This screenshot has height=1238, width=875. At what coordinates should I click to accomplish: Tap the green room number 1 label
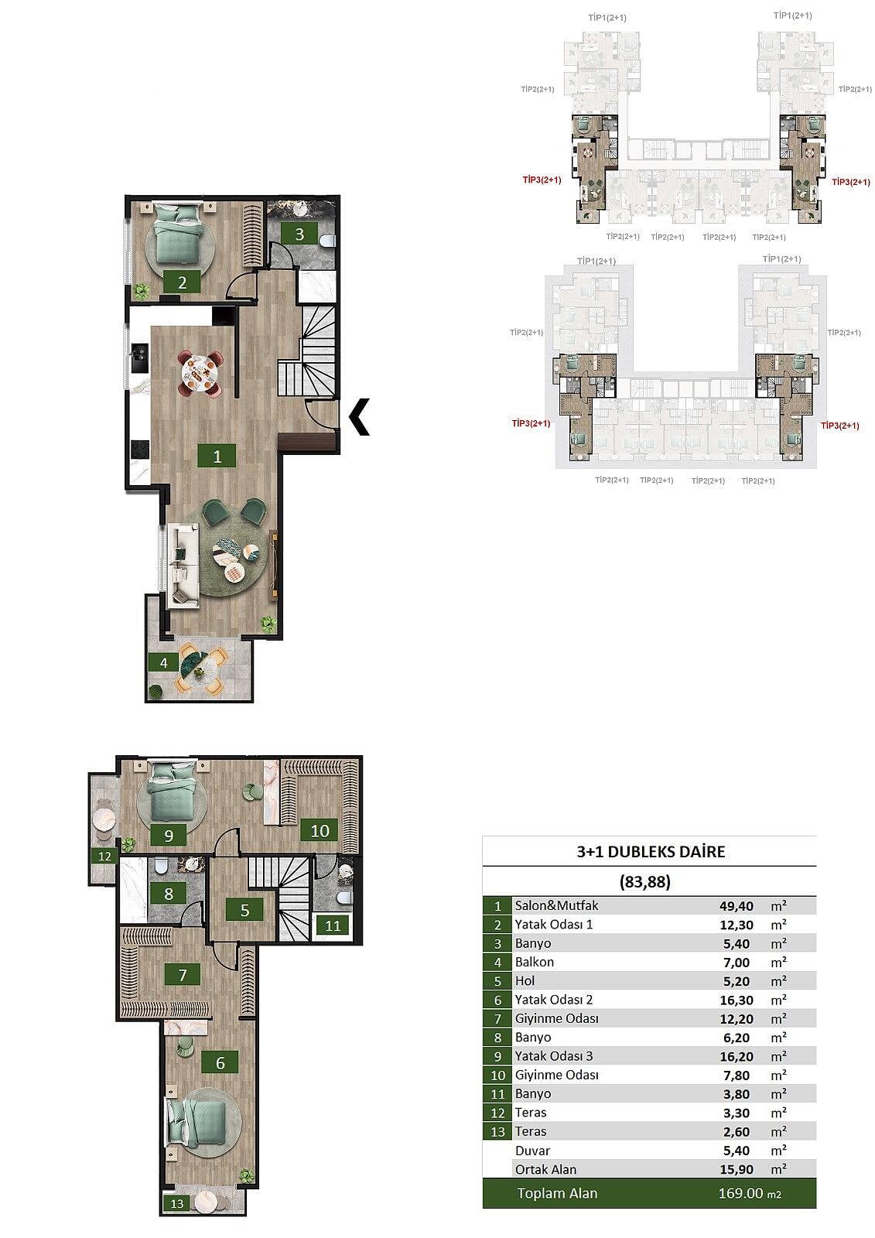[x=217, y=456]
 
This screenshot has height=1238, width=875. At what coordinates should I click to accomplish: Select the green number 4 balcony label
[x=163, y=662]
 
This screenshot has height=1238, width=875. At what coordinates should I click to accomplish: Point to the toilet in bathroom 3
[x=328, y=239]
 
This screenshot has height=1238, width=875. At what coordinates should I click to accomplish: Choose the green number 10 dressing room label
[x=320, y=830]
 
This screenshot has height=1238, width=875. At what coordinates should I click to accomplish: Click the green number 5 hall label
[x=245, y=910]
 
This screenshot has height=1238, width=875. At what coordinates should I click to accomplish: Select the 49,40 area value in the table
[x=737, y=906]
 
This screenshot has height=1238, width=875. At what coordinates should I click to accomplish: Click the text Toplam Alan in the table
[x=557, y=1193]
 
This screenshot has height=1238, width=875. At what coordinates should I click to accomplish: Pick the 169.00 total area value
[x=740, y=1193]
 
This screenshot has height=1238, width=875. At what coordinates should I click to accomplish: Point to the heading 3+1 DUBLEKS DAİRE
[x=651, y=851]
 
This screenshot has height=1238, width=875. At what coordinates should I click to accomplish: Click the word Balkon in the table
[x=534, y=962]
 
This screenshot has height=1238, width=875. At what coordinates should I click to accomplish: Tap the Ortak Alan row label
[x=545, y=1169]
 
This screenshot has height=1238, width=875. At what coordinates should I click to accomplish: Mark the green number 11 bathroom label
[x=332, y=925]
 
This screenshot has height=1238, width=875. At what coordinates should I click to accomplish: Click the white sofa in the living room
[x=183, y=564]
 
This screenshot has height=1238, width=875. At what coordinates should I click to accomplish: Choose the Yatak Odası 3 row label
[x=554, y=1056]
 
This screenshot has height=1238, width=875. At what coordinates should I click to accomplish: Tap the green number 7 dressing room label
[x=183, y=974]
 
